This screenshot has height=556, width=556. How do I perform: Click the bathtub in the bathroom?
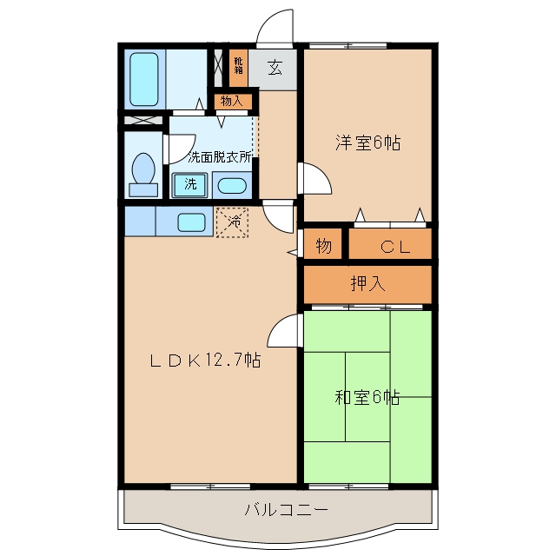pyautogui.click(x=144, y=79)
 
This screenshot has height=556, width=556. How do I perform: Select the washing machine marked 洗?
pyautogui.click(x=189, y=185)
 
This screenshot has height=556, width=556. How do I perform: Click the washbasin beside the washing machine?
pyautogui.click(x=232, y=185)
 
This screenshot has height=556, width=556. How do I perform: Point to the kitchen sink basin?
pyautogui.click(x=191, y=222)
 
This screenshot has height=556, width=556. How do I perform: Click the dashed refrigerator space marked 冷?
pyautogui.click(x=232, y=222)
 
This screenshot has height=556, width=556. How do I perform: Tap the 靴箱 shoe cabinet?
pyautogui.click(x=238, y=68)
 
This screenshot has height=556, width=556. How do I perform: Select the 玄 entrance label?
pyautogui.click(x=275, y=68)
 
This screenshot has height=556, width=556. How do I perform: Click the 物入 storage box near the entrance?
pyautogui.click(x=233, y=102)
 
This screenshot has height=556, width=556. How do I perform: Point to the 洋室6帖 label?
pyautogui.click(x=367, y=142)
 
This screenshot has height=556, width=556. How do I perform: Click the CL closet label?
pyautogui.click(x=395, y=247)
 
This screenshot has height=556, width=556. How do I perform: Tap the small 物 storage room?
pyautogui.click(x=323, y=243)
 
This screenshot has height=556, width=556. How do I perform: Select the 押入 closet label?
pyautogui.click(x=367, y=283)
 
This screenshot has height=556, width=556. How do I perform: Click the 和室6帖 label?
pyautogui.click(x=367, y=397)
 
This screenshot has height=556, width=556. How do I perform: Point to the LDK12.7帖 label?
pyautogui.click(x=205, y=361)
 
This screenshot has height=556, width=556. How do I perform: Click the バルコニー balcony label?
pyautogui.click(x=286, y=510)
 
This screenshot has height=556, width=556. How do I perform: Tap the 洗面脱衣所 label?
pyautogui.click(x=220, y=156)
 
